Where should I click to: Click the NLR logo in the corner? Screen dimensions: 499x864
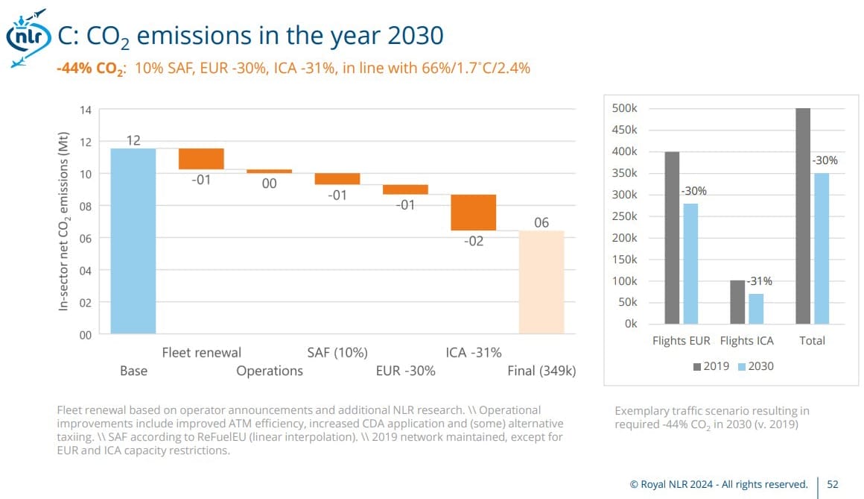26,37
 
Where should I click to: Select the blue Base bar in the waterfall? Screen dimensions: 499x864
133,240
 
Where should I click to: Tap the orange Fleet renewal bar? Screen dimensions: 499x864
201,159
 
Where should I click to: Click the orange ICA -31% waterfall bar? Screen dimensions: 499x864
474,212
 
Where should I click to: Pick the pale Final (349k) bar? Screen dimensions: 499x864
541,282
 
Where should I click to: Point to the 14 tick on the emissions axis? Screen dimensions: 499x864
86,110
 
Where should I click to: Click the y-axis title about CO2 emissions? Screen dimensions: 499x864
64,222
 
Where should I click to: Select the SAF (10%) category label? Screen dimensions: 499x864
337,352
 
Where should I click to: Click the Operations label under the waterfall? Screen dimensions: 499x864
270,371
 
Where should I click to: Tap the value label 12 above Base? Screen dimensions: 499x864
133,140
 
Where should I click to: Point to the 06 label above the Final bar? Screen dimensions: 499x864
541,223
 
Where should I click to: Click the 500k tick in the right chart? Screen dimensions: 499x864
624,108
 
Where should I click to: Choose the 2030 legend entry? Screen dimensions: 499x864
757,366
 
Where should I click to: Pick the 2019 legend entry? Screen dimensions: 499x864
712,366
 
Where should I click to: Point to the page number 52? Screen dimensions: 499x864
833,484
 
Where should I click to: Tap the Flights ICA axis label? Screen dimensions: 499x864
747,340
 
